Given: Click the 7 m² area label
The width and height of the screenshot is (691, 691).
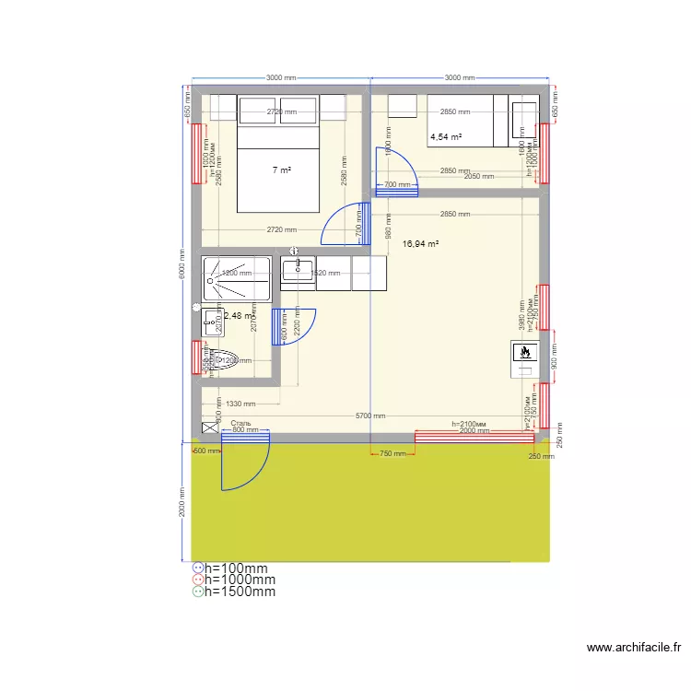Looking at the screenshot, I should [x=281, y=170].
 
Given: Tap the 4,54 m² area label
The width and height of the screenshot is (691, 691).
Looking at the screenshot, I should [x=446, y=137].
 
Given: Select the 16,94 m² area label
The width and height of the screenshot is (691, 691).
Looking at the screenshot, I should [x=420, y=244].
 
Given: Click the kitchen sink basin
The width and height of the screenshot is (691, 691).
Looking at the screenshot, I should [x=298, y=272].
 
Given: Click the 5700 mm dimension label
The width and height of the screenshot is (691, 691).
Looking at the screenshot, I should [x=370, y=416].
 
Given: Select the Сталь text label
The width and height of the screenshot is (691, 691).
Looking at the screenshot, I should [x=241, y=423].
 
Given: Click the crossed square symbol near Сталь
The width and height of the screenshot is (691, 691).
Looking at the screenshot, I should [x=211, y=428].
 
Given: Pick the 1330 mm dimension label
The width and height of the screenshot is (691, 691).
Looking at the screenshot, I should [x=240, y=404].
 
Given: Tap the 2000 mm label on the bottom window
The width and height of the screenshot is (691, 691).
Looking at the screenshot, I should [x=474, y=431].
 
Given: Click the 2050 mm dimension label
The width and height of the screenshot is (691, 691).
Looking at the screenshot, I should [x=479, y=177].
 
